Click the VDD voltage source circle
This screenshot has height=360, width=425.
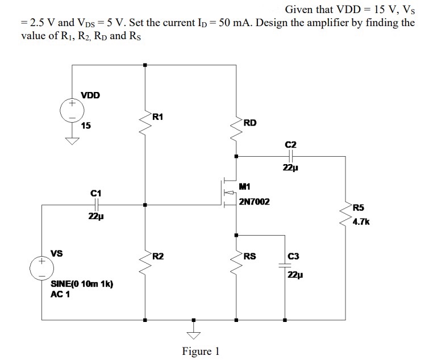point(72,111)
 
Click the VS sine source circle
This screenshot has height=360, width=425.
point(42,267)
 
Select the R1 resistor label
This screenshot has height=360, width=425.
point(158,117)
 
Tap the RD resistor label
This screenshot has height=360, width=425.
point(249,122)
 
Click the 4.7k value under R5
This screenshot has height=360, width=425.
point(361,222)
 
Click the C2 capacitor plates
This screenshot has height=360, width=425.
point(291,156)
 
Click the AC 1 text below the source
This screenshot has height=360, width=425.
point(60,294)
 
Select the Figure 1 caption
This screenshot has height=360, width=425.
point(201,351)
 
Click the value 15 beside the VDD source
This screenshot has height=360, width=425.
point(85,125)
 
